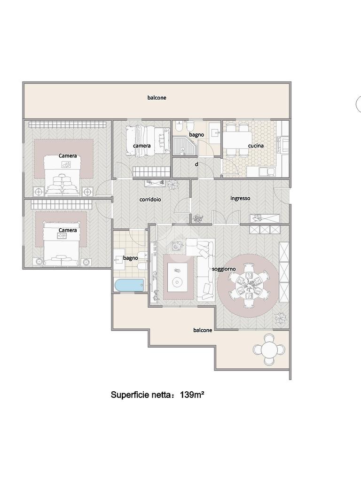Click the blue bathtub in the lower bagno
coord(129,285)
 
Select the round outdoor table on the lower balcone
coord(268,349)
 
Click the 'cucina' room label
coord(256,146)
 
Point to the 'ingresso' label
coord(240,199)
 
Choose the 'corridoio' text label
coord(150,199)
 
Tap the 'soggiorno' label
coord(224,269)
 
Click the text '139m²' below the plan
coord(192,395)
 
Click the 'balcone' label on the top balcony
coord(157,98)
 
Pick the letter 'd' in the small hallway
coord(196,164)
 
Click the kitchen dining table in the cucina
coord(237,140)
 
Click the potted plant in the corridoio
coord(173,185)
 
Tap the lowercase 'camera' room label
coord(141,146)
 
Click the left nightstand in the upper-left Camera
coord(38,192)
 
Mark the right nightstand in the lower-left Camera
coord(86,262)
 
